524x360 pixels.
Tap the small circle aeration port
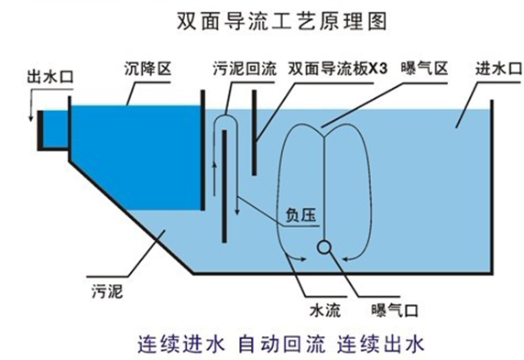(x=322, y=246)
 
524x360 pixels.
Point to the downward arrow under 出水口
(x=31, y=114)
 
